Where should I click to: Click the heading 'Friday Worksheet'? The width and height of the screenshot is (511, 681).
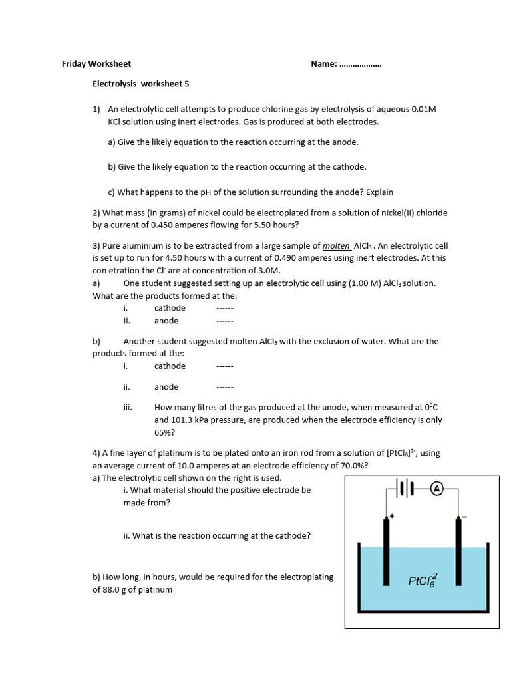(x=96, y=64)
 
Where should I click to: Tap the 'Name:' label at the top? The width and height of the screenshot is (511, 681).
(x=324, y=64)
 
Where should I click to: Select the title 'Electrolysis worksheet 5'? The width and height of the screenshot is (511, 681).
(x=140, y=84)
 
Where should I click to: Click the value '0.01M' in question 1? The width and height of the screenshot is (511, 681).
(x=423, y=109)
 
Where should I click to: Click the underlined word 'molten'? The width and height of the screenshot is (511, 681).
(x=337, y=245)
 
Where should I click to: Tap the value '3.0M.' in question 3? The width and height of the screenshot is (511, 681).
(x=267, y=271)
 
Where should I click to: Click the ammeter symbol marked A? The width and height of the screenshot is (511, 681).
(x=437, y=489)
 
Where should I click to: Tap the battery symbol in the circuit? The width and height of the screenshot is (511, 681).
(x=405, y=489)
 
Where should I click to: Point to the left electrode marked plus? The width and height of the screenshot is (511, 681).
(x=386, y=552)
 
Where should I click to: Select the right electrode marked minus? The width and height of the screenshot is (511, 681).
(x=458, y=552)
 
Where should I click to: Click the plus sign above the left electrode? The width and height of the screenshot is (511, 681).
(x=393, y=515)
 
